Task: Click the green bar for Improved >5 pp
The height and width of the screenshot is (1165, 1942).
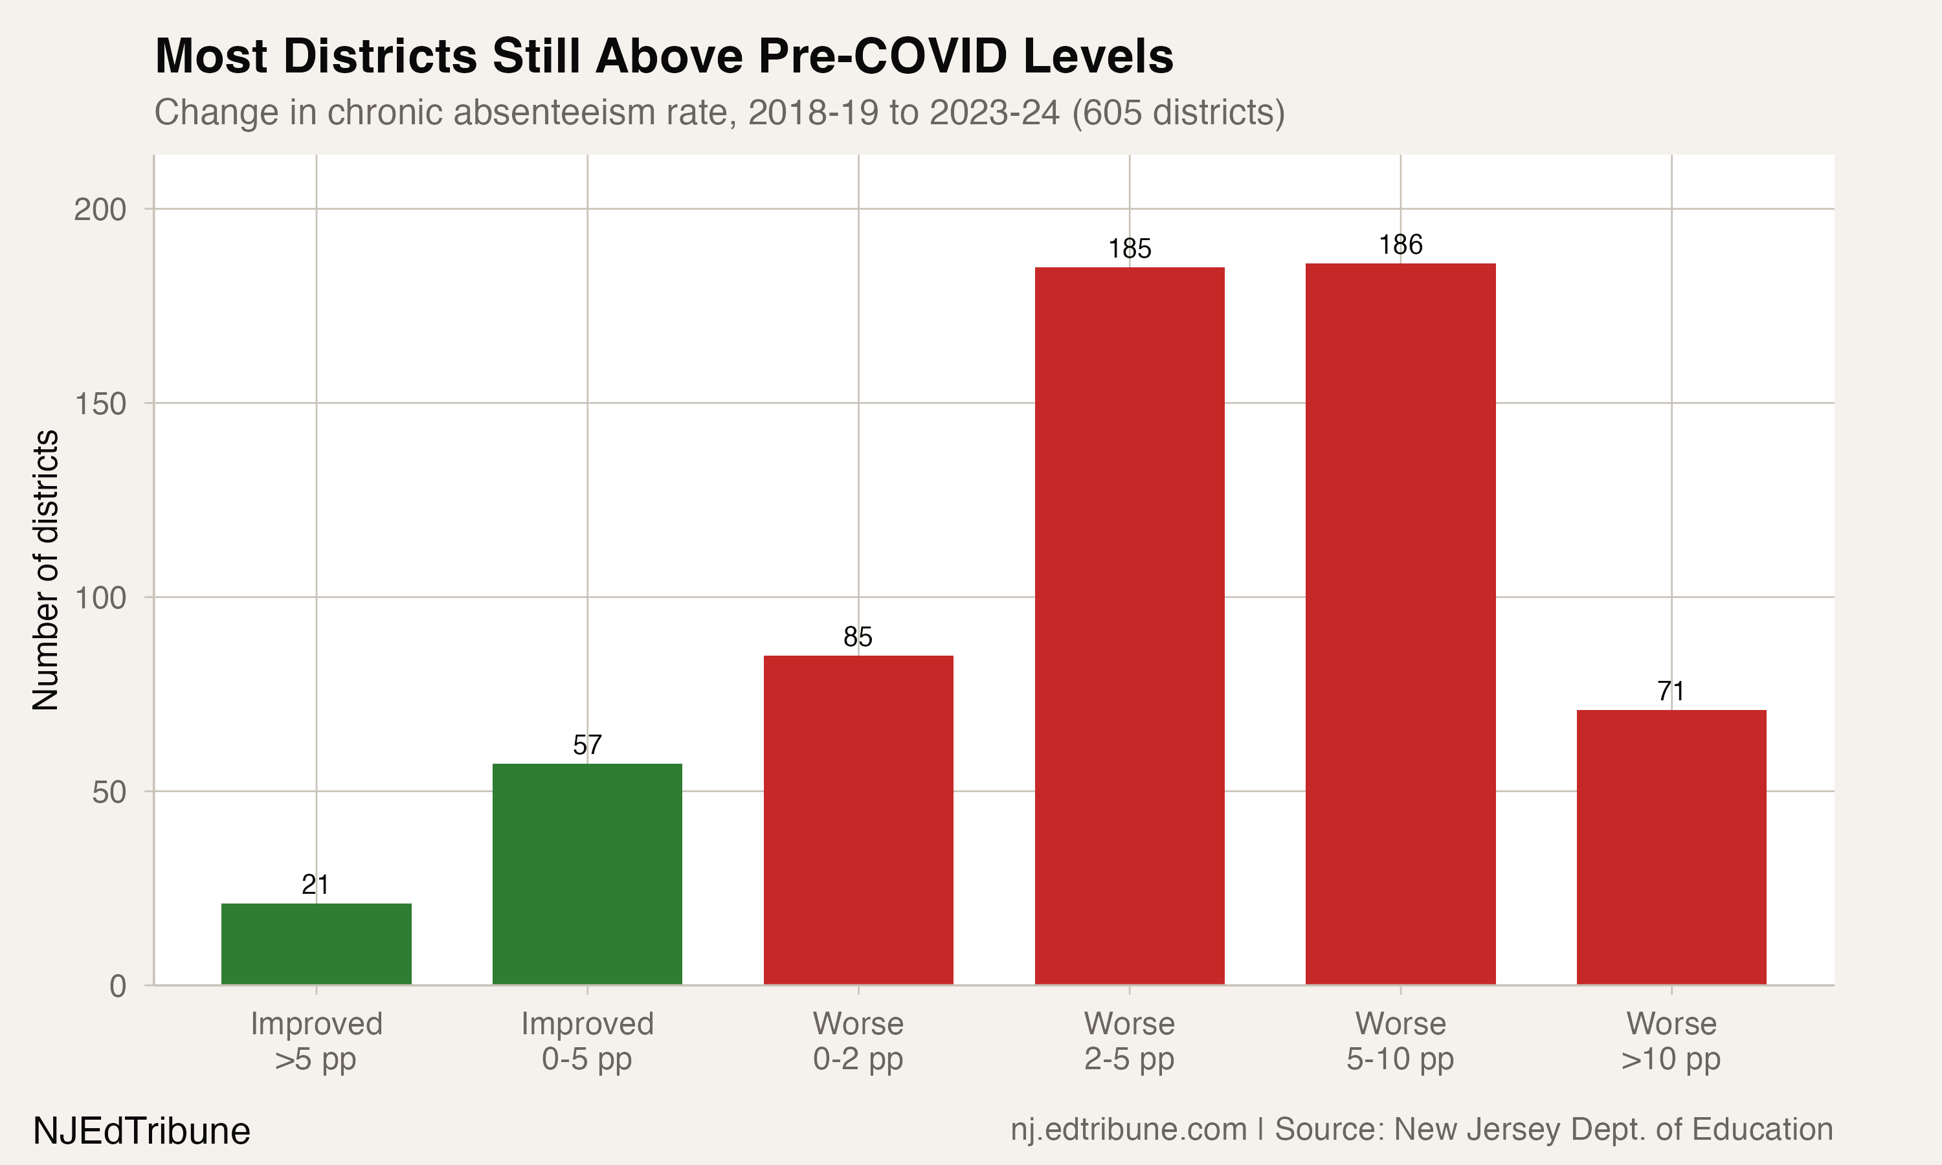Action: tap(317, 944)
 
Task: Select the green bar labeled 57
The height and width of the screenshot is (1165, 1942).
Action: tap(587, 874)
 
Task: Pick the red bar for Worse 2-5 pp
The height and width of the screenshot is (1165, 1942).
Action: tap(1129, 626)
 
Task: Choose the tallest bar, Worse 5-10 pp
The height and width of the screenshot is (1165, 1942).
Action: tap(1400, 623)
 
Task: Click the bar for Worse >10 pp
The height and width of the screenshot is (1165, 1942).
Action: tap(1671, 847)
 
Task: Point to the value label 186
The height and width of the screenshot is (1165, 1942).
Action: tap(1400, 245)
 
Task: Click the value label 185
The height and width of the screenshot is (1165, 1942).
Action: tap(1129, 249)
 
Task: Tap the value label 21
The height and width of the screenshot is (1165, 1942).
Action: tap(315, 885)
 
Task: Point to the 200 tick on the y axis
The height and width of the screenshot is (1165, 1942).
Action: tap(100, 210)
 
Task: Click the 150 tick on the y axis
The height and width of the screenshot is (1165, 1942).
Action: tap(100, 403)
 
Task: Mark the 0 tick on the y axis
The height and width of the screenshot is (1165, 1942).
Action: tap(118, 986)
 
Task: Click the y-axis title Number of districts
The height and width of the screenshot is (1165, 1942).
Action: tap(45, 570)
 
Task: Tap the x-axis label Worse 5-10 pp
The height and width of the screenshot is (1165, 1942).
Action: tap(1400, 1041)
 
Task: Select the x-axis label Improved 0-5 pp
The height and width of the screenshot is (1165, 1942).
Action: tap(587, 1041)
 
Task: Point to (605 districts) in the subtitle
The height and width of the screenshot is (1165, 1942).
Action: tap(1177, 112)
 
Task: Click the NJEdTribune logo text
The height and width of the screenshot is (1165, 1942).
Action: tap(141, 1131)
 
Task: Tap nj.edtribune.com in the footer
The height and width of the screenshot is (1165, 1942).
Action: tap(1128, 1129)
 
